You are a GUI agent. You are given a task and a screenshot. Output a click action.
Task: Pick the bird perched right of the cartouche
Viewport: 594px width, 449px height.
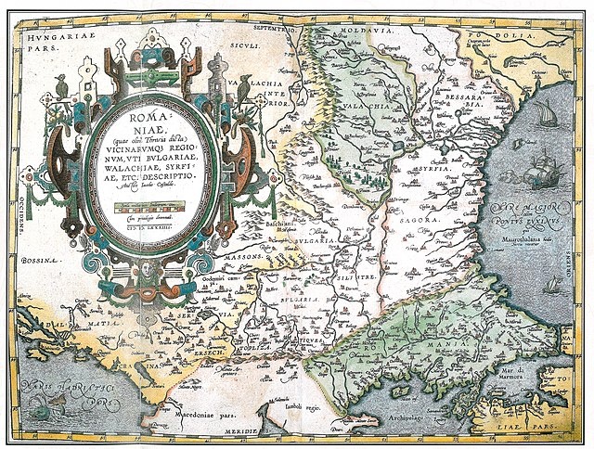(244, 82)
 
